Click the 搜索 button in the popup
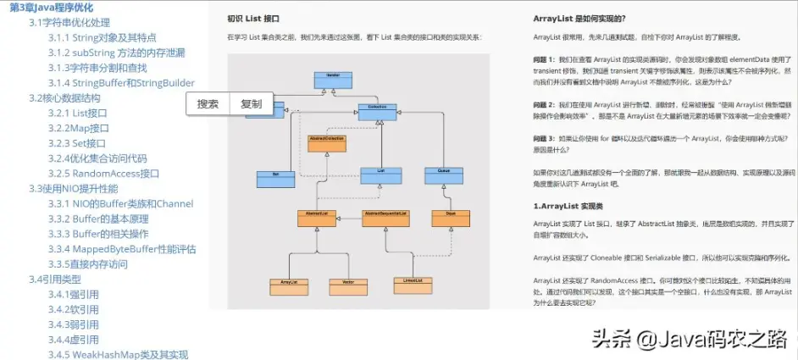tap(208, 104)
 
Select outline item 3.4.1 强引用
tap(74, 295)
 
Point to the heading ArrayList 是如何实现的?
tap(579, 19)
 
